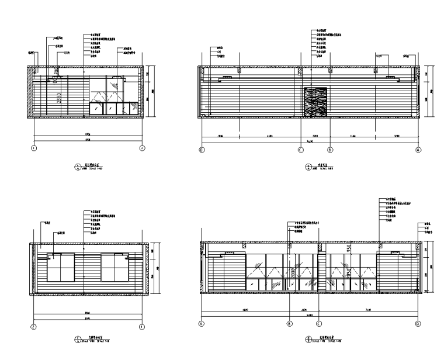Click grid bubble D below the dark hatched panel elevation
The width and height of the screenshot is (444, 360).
pyautogui.click(x=202, y=150)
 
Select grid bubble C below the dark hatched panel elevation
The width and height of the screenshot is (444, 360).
pyautogui.click(x=300, y=150)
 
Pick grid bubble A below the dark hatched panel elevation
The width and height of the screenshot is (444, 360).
pyautogui.click(x=418, y=150)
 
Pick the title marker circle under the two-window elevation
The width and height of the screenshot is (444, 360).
pyautogui.click(x=76, y=340)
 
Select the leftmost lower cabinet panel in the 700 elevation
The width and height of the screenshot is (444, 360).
pyautogui.click(x=95, y=108)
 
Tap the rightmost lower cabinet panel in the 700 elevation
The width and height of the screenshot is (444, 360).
pyautogui.click(x=133, y=108)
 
